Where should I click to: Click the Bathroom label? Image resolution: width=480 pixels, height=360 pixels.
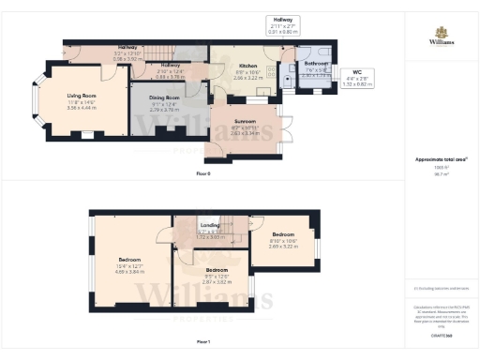(315, 64)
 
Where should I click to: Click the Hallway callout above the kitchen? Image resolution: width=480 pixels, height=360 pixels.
(282, 19)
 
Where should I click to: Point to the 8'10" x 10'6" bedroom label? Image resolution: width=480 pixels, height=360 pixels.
(284, 240)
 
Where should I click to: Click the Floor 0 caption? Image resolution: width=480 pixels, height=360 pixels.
(203, 174)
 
